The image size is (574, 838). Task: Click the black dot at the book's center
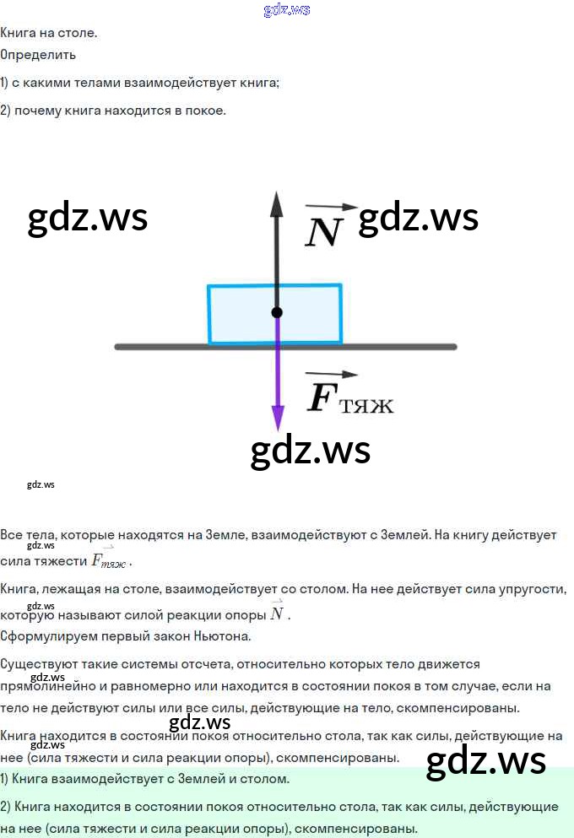click(x=277, y=312)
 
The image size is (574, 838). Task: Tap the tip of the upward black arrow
click(x=276, y=192)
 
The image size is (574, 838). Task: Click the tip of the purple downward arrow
click(x=278, y=430)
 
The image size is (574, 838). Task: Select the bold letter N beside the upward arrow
click(x=323, y=232)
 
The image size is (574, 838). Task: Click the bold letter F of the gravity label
click(x=322, y=398)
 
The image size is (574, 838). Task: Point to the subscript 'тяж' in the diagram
click(x=366, y=406)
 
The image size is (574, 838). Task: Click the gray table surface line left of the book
click(x=161, y=347)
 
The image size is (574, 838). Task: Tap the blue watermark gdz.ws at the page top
click(x=287, y=9)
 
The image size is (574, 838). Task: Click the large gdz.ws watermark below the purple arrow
click(x=310, y=451)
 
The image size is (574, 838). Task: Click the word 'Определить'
click(x=38, y=55)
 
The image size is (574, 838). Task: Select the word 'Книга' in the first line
click(x=19, y=33)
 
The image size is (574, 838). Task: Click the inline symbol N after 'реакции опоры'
click(x=277, y=613)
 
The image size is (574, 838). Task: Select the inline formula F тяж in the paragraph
click(x=110, y=560)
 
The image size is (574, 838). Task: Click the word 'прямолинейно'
click(x=46, y=686)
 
